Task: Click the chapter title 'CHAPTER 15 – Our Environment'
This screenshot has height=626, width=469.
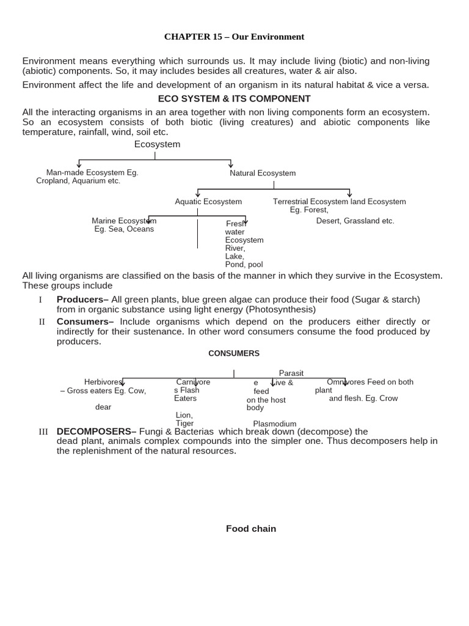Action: coord(234,37)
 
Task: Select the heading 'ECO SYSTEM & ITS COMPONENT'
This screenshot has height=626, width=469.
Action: coord(234,98)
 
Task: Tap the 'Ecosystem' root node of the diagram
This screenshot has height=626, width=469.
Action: coord(157,144)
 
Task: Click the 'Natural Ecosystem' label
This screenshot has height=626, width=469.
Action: coord(263,173)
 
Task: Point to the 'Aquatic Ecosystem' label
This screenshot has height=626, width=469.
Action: coord(208,202)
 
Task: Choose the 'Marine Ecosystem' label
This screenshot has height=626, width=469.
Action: coord(124,221)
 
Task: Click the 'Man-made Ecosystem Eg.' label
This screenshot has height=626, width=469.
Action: coord(92,172)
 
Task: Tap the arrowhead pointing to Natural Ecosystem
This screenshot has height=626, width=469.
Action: coord(230,164)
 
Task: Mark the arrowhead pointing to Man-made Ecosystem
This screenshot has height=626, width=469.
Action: coord(79,164)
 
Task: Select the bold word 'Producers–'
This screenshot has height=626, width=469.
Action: coord(82,300)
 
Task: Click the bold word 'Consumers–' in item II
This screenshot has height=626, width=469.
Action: coord(85,322)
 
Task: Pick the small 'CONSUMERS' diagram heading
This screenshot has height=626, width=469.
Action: coord(234,353)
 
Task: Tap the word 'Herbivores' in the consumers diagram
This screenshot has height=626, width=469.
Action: coord(103,382)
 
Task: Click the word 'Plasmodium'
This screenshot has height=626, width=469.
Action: coord(274,424)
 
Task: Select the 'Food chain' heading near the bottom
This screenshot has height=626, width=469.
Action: coord(251,529)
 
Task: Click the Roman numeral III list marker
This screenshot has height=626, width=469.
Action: coord(43,432)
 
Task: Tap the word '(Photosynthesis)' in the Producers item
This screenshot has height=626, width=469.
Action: coord(281,309)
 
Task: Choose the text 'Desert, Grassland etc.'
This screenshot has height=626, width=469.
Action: coord(355,221)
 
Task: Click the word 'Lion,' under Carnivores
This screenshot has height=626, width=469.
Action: coord(184,415)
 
